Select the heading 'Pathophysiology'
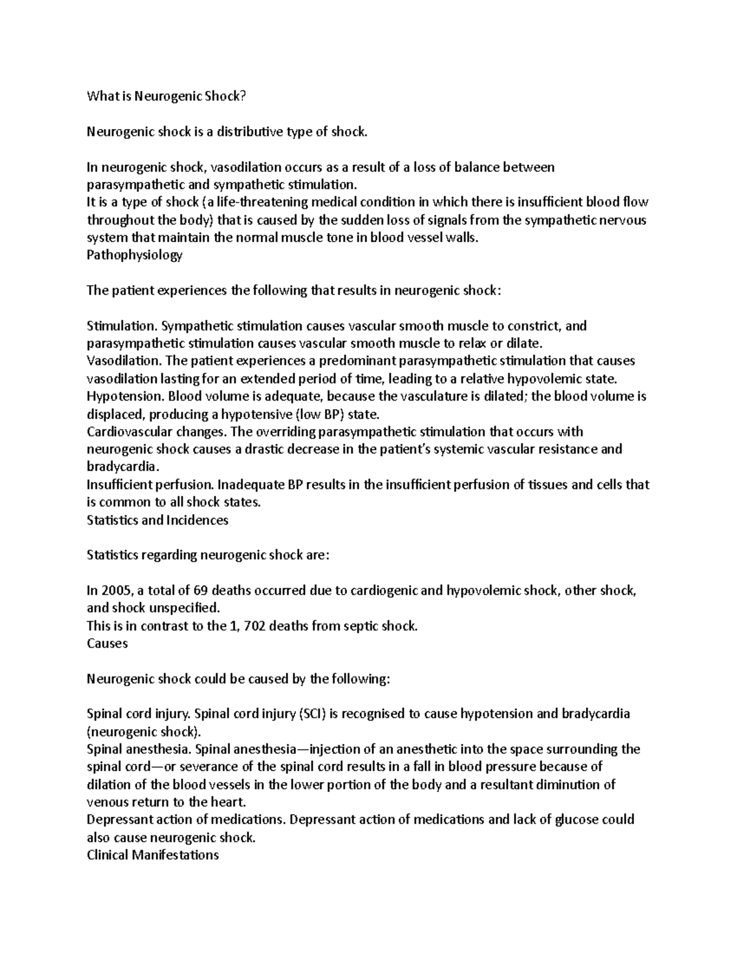(x=135, y=256)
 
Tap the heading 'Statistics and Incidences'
(x=157, y=520)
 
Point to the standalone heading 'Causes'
(x=107, y=644)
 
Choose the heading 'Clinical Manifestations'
(x=153, y=855)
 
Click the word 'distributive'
(x=252, y=131)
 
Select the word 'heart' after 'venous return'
(x=227, y=802)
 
